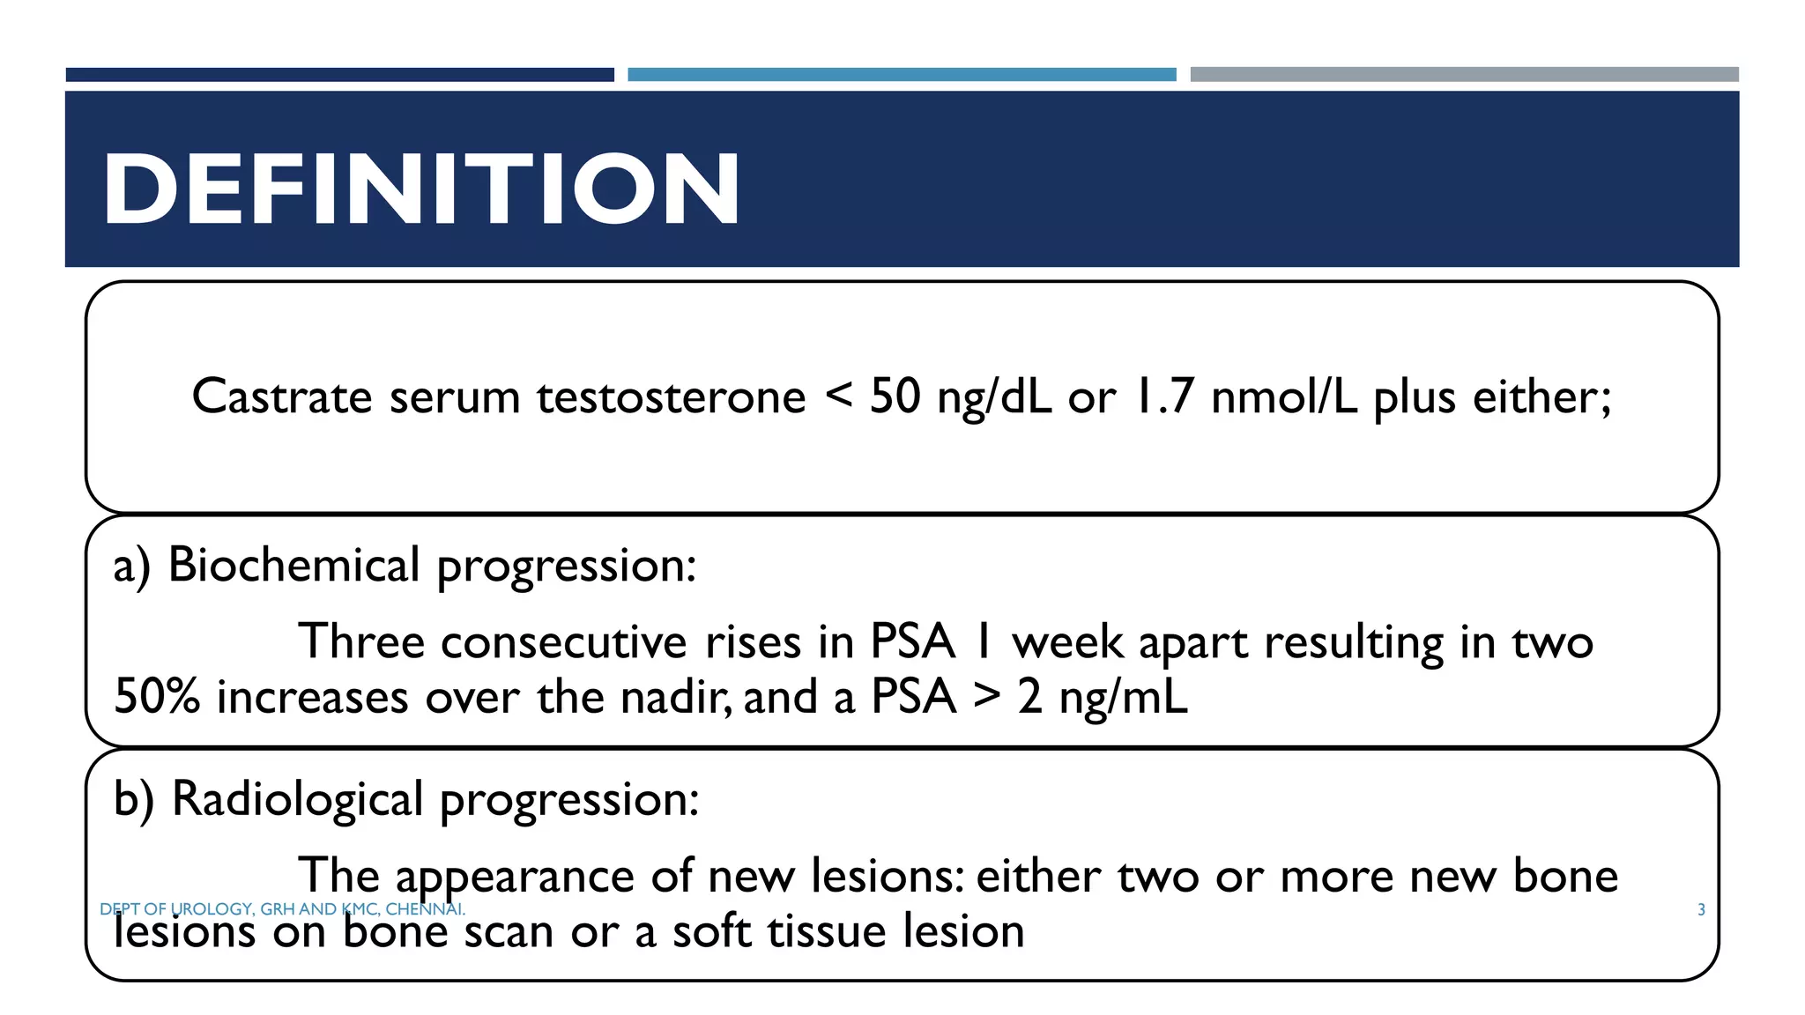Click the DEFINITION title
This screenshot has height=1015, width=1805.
click(x=421, y=189)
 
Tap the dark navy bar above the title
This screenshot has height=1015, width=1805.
click(x=339, y=75)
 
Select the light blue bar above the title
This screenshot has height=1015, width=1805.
click(x=902, y=75)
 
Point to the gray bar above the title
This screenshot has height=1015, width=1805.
click(x=1464, y=75)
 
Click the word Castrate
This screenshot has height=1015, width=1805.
click(x=282, y=396)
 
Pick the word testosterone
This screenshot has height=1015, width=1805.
click(x=672, y=396)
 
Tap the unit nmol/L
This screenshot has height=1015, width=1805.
click(x=1284, y=396)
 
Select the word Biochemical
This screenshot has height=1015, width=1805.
click(x=293, y=565)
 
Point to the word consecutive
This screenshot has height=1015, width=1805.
click(x=564, y=641)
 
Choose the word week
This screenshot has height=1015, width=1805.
click(x=1067, y=641)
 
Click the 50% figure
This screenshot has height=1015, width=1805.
click(x=157, y=697)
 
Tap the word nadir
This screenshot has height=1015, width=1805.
click(x=674, y=697)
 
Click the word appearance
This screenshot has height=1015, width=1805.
click(x=515, y=877)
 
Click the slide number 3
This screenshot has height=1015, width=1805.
click(x=1701, y=909)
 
